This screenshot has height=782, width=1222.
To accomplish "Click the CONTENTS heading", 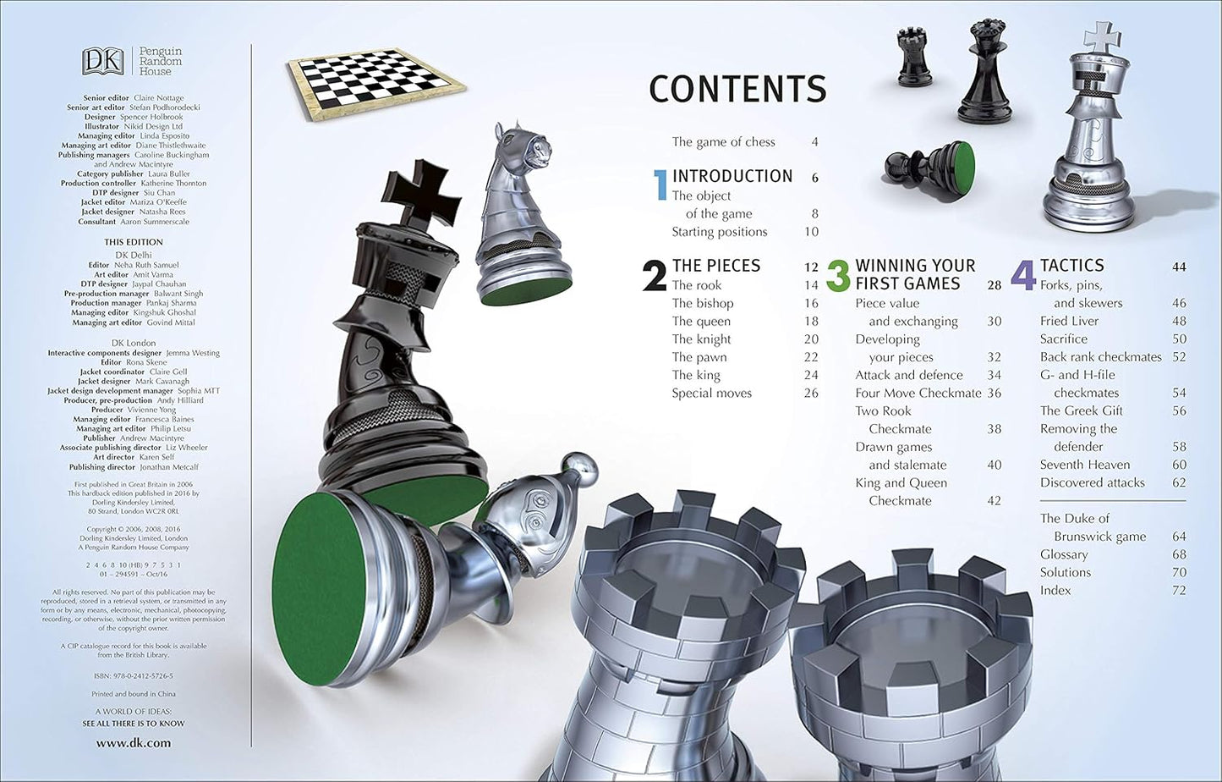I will pos(737,90).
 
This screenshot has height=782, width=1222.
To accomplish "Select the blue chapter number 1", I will pos(660,184).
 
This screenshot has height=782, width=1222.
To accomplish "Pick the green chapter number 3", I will pos(837,276).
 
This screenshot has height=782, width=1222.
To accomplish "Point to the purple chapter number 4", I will pos(1023,276).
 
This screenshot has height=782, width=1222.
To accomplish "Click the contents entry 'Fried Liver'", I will pos(1069,321).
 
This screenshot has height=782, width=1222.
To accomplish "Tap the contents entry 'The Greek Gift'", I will pos(1081,410).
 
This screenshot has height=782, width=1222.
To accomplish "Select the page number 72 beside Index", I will pos(1179,590).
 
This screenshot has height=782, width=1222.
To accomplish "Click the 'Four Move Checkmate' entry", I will pos(918,393).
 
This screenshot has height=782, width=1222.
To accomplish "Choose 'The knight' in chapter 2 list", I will pos(701,339).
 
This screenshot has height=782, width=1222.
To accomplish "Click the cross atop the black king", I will pos(424,192).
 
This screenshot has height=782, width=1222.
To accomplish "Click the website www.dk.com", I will pos(133,743).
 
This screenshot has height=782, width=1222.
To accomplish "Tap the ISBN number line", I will pos(133,676).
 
